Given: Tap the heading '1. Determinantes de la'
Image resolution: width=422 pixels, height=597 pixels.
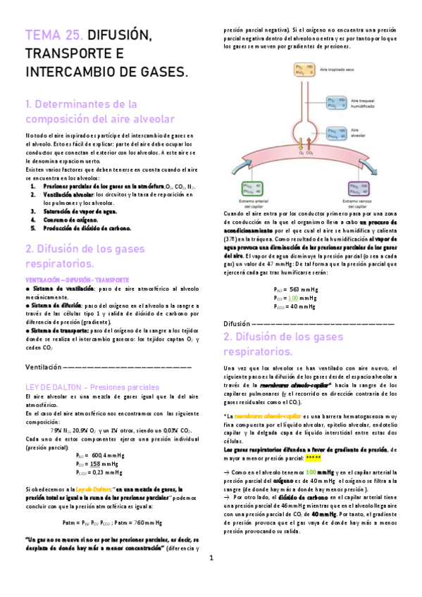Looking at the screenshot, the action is (84, 104).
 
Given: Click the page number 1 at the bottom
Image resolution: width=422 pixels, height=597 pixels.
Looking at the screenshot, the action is (211, 578).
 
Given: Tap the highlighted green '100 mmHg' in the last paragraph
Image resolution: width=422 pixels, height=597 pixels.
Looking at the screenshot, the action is (316, 491).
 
